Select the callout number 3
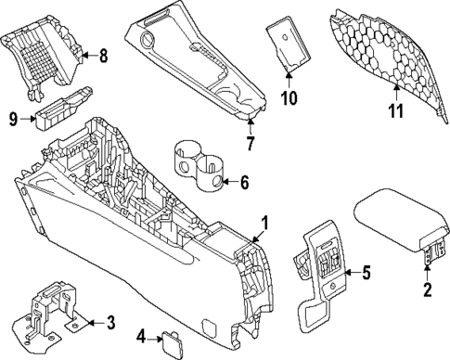point(110,322)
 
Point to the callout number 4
point(139,335)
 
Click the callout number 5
point(366,273)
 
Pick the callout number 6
point(244,183)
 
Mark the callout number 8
point(102,58)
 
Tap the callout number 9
point(13,118)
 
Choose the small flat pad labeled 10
point(288,44)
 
